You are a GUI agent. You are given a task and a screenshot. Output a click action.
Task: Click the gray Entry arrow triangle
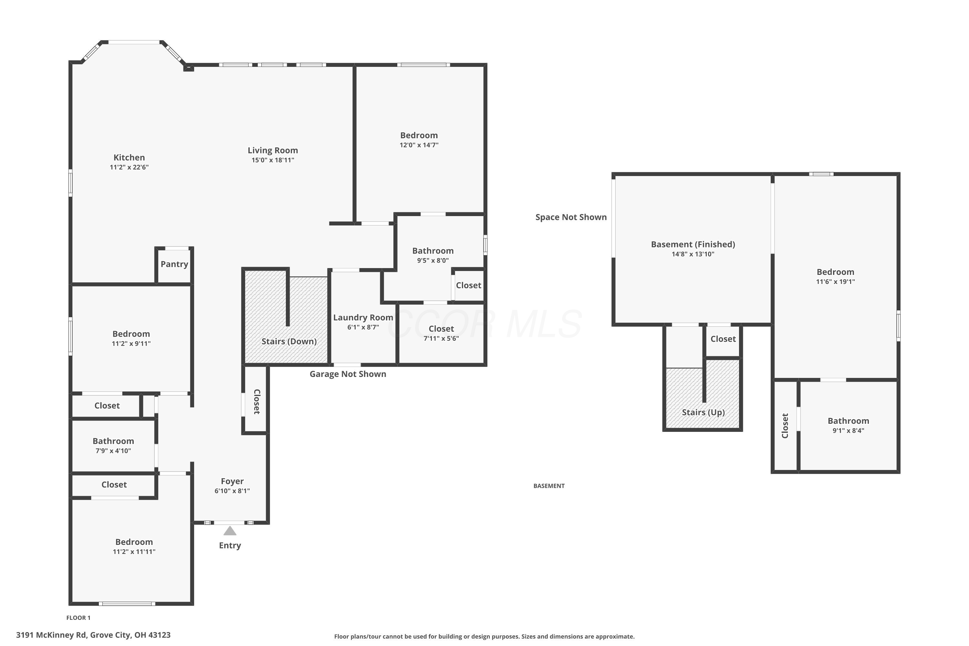pyautogui.click(x=230, y=531)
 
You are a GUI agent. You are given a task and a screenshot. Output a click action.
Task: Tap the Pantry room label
pyautogui.click(x=174, y=264)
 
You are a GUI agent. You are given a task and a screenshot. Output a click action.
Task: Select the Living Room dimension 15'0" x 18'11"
pyautogui.click(x=273, y=160)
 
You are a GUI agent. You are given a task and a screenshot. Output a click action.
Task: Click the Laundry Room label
pyautogui.click(x=363, y=318)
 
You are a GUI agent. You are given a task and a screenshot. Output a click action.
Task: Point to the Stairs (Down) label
pyautogui.click(x=289, y=341)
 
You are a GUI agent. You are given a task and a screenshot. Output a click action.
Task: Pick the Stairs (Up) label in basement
pyautogui.click(x=703, y=412)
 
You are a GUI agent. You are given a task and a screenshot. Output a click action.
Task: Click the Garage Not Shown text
pyautogui.click(x=348, y=374)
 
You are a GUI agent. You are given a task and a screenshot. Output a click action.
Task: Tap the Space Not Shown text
pyautogui.click(x=571, y=217)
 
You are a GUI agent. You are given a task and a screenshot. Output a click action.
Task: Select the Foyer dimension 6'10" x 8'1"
pyautogui.click(x=232, y=491)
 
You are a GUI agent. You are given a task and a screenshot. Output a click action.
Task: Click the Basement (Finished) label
pyautogui.click(x=693, y=244)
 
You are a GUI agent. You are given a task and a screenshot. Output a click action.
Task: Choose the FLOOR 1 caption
pyautogui.click(x=78, y=618)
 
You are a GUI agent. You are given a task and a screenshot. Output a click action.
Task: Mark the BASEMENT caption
pyautogui.click(x=549, y=486)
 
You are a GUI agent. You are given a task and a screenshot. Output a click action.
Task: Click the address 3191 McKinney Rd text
pyautogui.click(x=51, y=635)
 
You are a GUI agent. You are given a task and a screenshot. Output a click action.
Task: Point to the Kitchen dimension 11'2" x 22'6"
pyautogui.click(x=129, y=167)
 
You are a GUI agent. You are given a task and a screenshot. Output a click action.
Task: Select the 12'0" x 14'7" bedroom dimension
pyautogui.click(x=419, y=145)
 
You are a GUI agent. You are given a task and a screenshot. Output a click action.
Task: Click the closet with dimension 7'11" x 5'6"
pyautogui.click(x=441, y=333)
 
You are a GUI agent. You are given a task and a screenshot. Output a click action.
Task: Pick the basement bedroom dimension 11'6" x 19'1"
pyautogui.click(x=836, y=282)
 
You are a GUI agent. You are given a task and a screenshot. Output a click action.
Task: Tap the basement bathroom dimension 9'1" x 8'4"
pyautogui.click(x=848, y=431)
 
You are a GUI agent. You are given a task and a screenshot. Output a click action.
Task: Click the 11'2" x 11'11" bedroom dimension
pyautogui.click(x=134, y=552)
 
